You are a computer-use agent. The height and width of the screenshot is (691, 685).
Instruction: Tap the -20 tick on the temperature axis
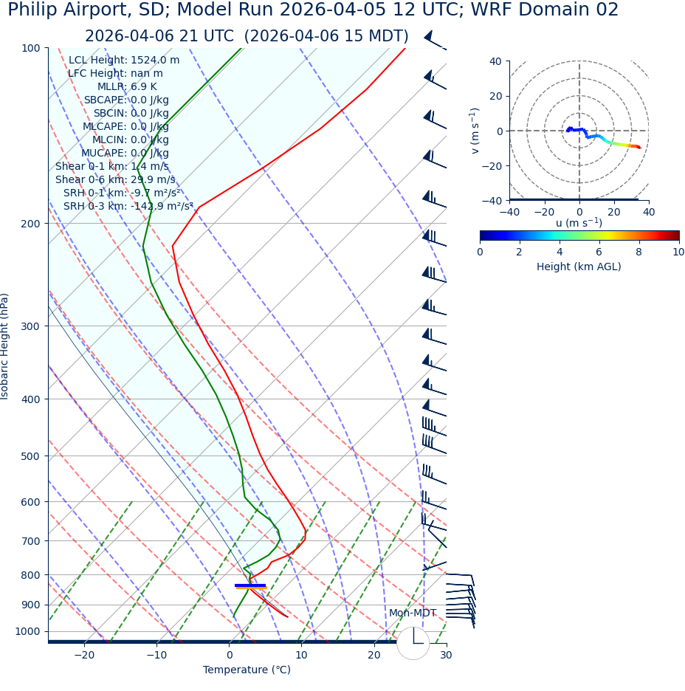click(x=84, y=655)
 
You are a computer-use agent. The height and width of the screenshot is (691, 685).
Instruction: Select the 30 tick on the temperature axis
click(x=446, y=655)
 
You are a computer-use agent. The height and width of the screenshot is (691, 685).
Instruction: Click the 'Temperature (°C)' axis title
click(x=247, y=670)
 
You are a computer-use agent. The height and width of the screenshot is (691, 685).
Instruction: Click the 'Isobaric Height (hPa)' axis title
click(x=5, y=346)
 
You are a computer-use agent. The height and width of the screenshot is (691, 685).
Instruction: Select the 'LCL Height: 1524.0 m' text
click(x=124, y=60)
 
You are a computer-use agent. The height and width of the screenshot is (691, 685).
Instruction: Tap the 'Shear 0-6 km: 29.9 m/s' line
click(x=115, y=179)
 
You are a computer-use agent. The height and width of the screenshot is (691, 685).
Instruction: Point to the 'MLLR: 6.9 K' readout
click(x=127, y=86)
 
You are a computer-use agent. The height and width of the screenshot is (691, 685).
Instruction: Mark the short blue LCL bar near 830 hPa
click(x=249, y=585)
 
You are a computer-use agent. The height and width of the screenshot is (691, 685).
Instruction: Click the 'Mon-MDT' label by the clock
click(x=413, y=613)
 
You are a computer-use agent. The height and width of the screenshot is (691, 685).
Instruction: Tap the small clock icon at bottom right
click(x=413, y=643)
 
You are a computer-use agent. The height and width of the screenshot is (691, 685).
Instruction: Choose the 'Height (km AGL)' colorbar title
click(x=579, y=267)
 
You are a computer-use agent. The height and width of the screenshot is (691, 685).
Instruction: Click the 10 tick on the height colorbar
click(x=678, y=252)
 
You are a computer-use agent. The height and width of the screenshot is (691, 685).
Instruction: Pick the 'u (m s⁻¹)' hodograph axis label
click(x=579, y=223)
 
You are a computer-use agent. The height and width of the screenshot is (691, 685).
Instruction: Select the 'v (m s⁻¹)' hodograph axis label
click(x=475, y=131)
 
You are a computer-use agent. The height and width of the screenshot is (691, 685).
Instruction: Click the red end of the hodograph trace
click(x=638, y=148)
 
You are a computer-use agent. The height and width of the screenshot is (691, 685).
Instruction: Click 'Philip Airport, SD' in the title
click(x=85, y=10)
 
